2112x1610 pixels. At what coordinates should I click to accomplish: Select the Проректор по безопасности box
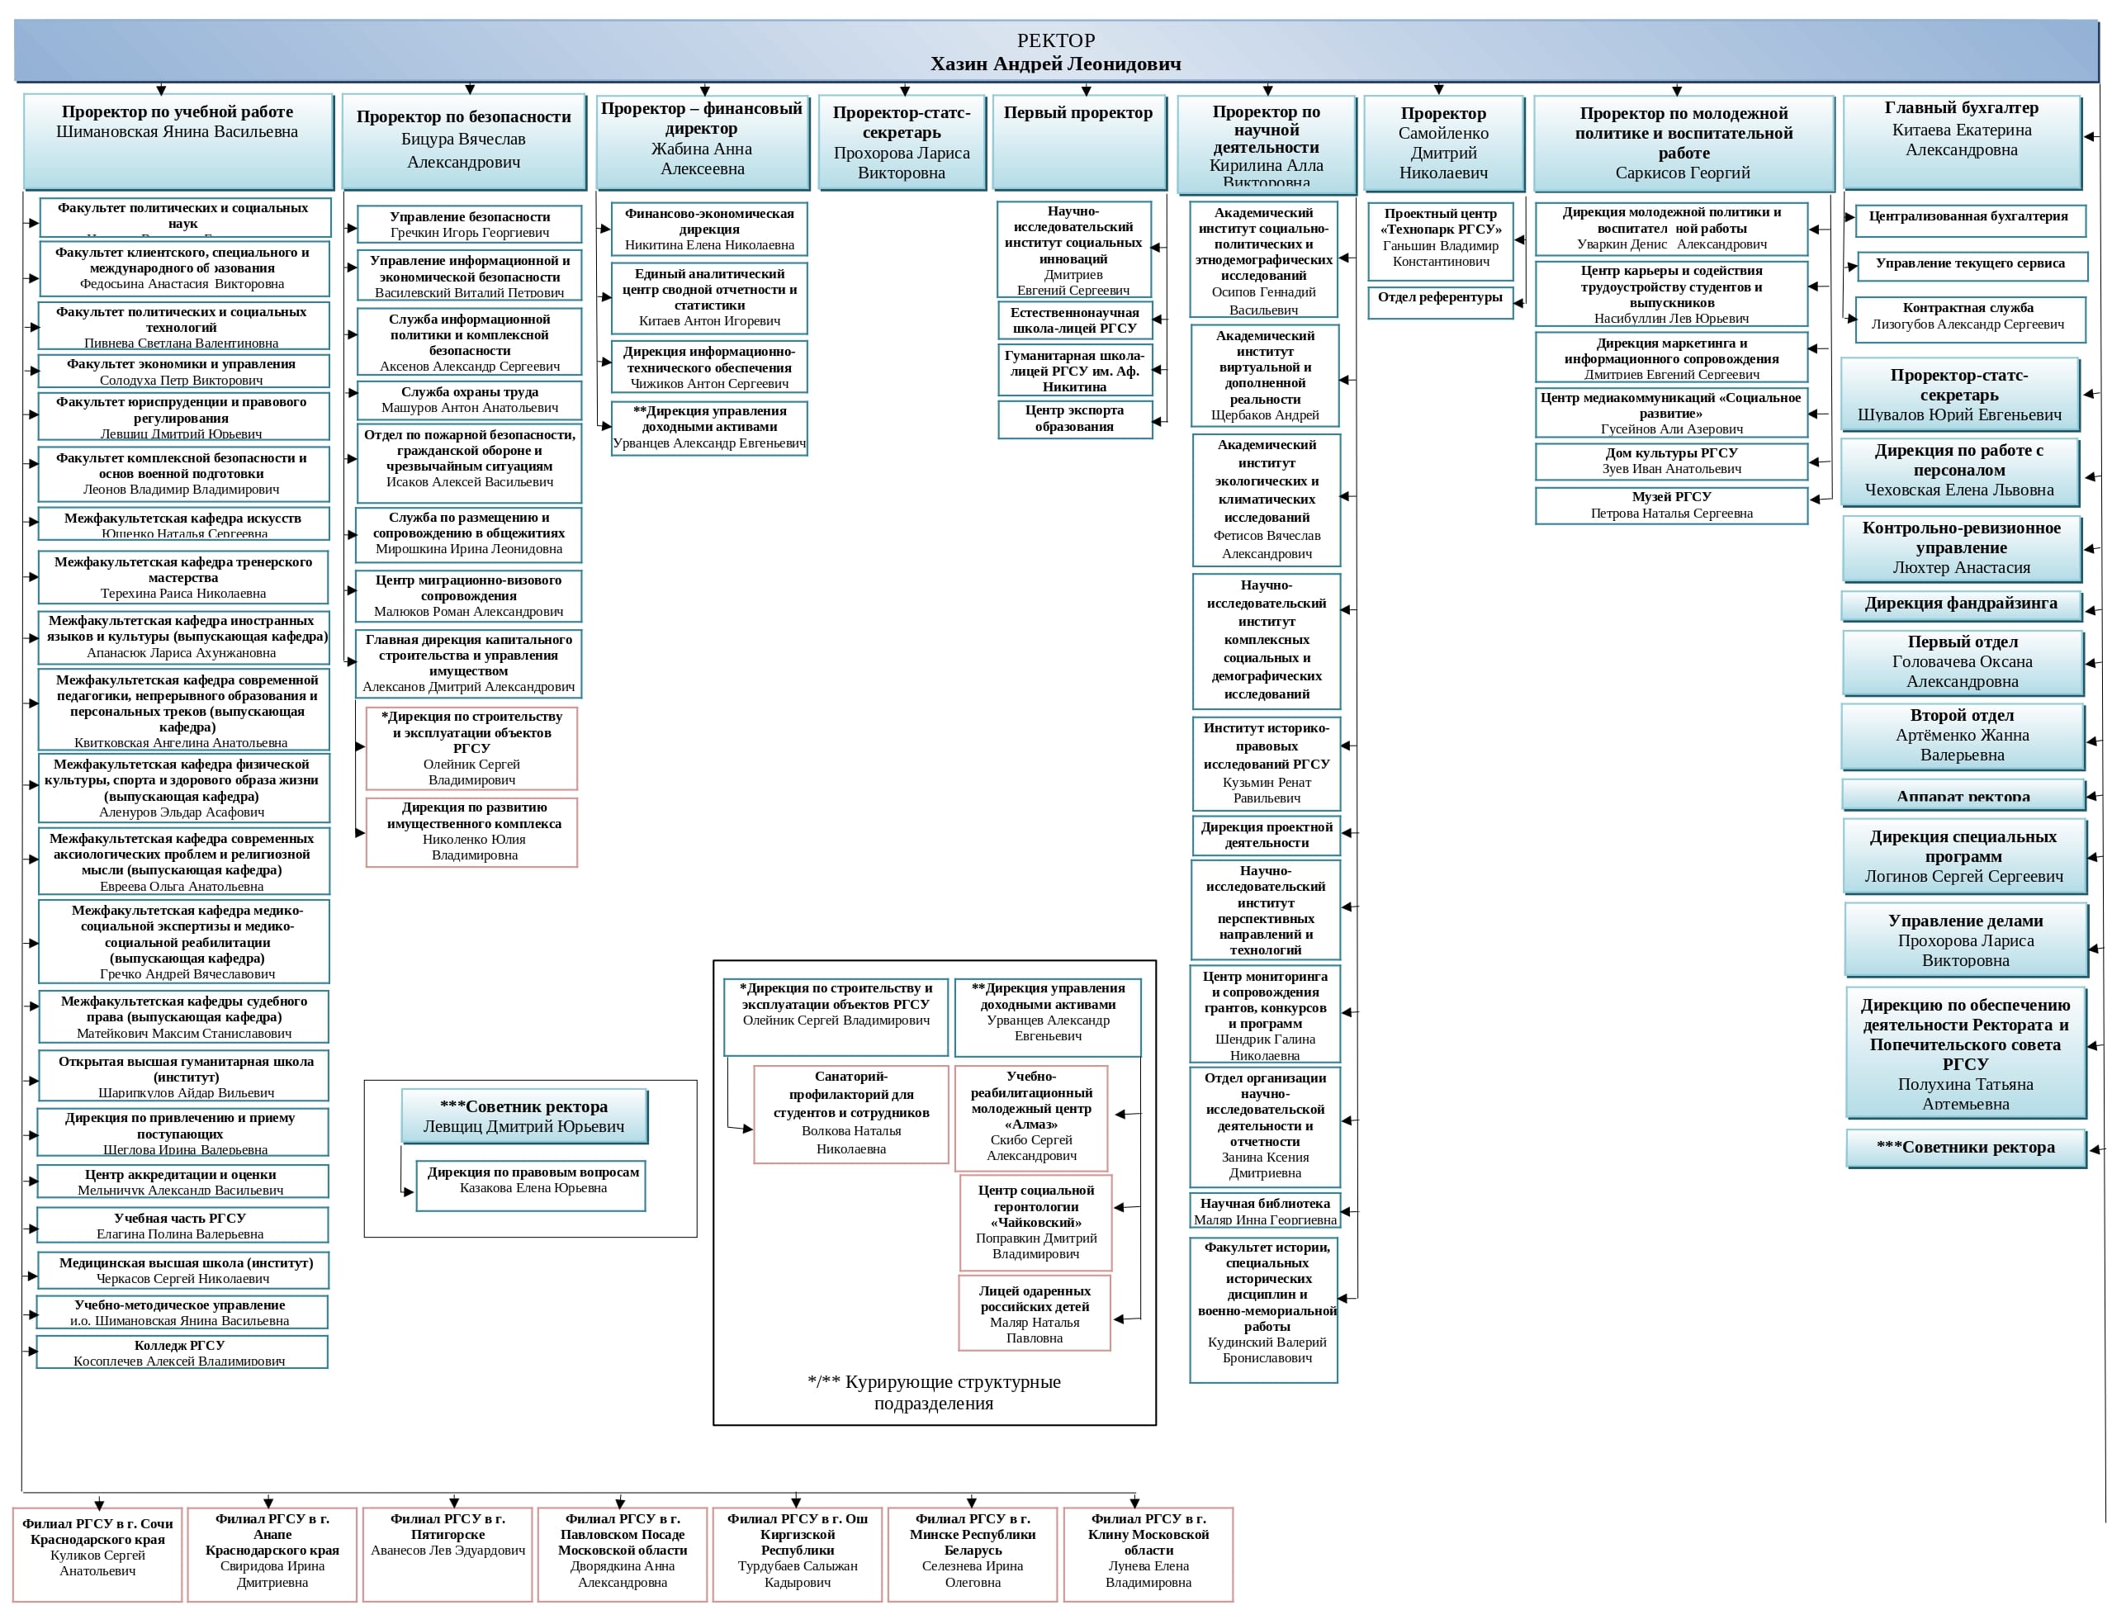click(464, 140)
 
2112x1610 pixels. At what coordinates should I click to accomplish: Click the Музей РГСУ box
click(1670, 505)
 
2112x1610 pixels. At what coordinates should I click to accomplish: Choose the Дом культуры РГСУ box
click(1670, 461)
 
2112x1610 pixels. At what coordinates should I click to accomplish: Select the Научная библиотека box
click(1264, 1210)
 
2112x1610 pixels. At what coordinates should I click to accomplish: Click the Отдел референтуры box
click(1439, 301)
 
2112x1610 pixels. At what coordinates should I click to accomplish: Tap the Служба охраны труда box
click(469, 400)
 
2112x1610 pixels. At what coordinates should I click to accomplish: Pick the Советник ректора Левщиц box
click(524, 1116)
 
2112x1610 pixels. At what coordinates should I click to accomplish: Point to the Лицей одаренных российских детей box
click(1034, 1313)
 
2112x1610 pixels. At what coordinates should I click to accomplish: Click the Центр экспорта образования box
click(1073, 419)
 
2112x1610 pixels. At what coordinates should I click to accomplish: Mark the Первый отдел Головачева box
click(1962, 662)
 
